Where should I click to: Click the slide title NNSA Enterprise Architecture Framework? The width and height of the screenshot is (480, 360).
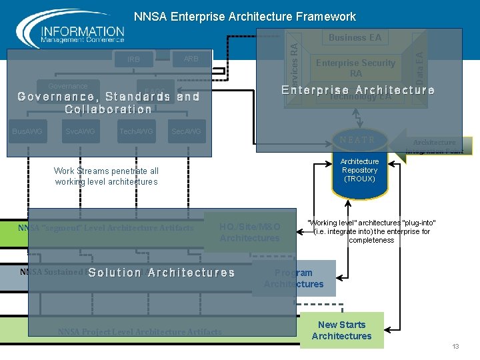point(245,17)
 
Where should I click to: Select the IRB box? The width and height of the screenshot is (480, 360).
point(133,59)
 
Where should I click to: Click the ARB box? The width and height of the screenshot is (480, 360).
point(191,59)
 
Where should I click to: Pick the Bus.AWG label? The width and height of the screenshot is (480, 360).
point(27,132)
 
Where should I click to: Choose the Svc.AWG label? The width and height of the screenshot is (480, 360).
point(81,132)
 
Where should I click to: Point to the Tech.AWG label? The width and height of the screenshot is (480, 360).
point(136,132)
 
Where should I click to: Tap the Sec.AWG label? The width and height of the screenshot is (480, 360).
point(186,132)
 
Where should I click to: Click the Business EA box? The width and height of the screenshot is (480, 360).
point(355,37)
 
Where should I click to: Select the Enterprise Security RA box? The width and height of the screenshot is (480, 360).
point(355,68)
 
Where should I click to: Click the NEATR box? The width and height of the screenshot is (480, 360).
point(357,140)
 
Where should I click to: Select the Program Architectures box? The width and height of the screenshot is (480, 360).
point(293,278)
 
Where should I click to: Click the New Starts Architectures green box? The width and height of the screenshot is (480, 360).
point(341,330)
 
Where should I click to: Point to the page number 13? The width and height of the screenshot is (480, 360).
point(455,347)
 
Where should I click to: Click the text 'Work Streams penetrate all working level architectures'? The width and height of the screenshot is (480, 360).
point(107,176)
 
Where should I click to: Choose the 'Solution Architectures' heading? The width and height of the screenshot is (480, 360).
point(161,273)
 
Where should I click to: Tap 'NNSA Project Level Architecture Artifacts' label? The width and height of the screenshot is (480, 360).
point(140,331)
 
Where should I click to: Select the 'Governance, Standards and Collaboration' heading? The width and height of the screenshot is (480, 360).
point(109,103)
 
